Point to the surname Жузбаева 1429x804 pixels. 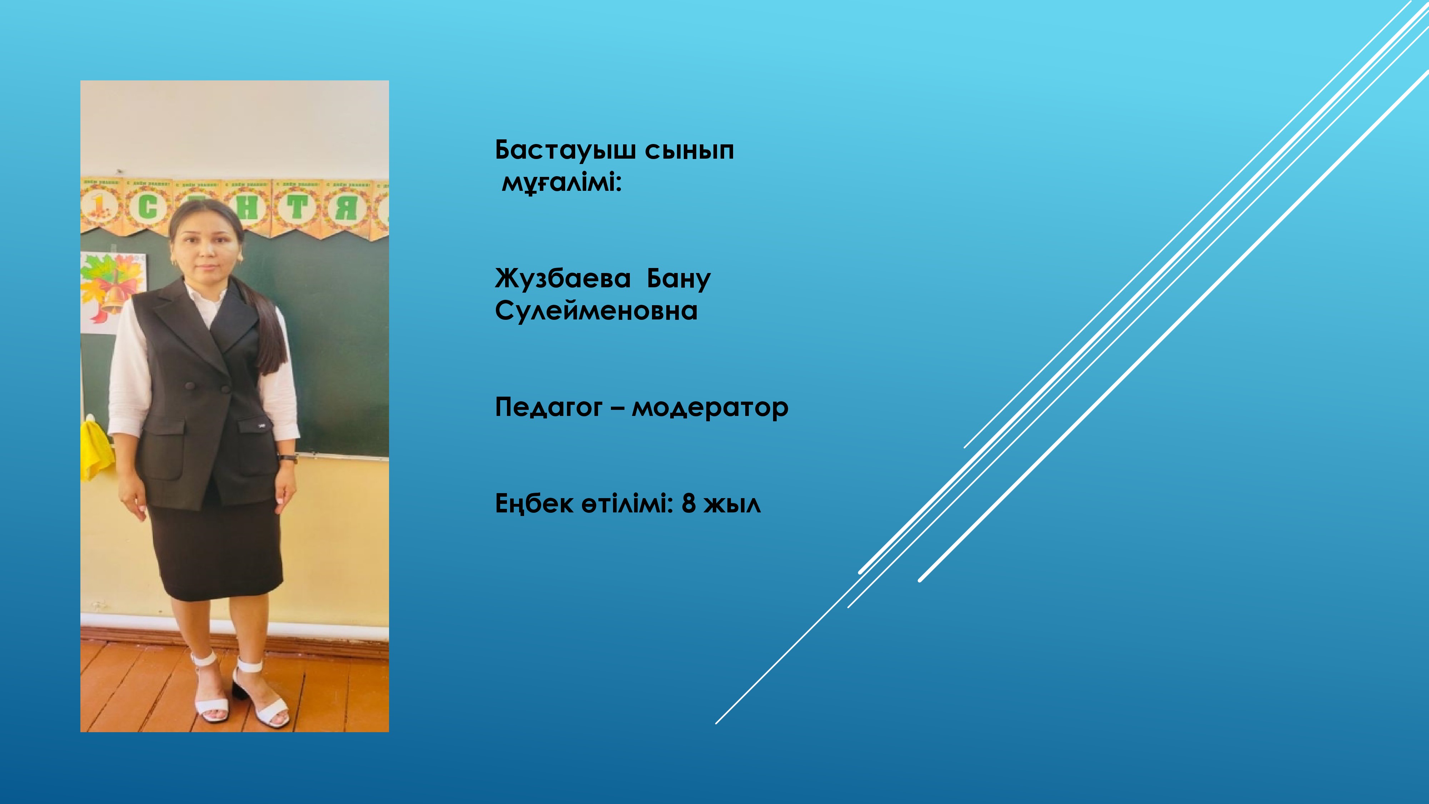coord(563,279)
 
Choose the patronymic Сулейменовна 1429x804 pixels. coord(596,311)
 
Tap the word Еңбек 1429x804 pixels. coord(534,504)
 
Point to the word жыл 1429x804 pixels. coord(732,504)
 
